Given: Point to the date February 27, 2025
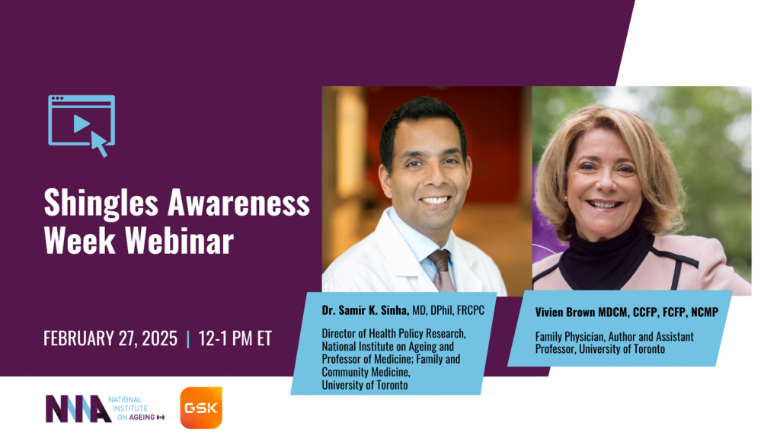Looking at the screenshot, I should tap(110, 338).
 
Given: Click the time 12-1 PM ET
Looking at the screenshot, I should tap(235, 338).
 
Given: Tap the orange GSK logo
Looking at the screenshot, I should tap(201, 408).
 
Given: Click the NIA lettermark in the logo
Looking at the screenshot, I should tap(78, 409).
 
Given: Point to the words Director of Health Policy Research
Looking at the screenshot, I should tap(392, 333).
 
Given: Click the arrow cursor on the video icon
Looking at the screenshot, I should tap(99, 143).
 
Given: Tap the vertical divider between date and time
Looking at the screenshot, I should tap(187, 338).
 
